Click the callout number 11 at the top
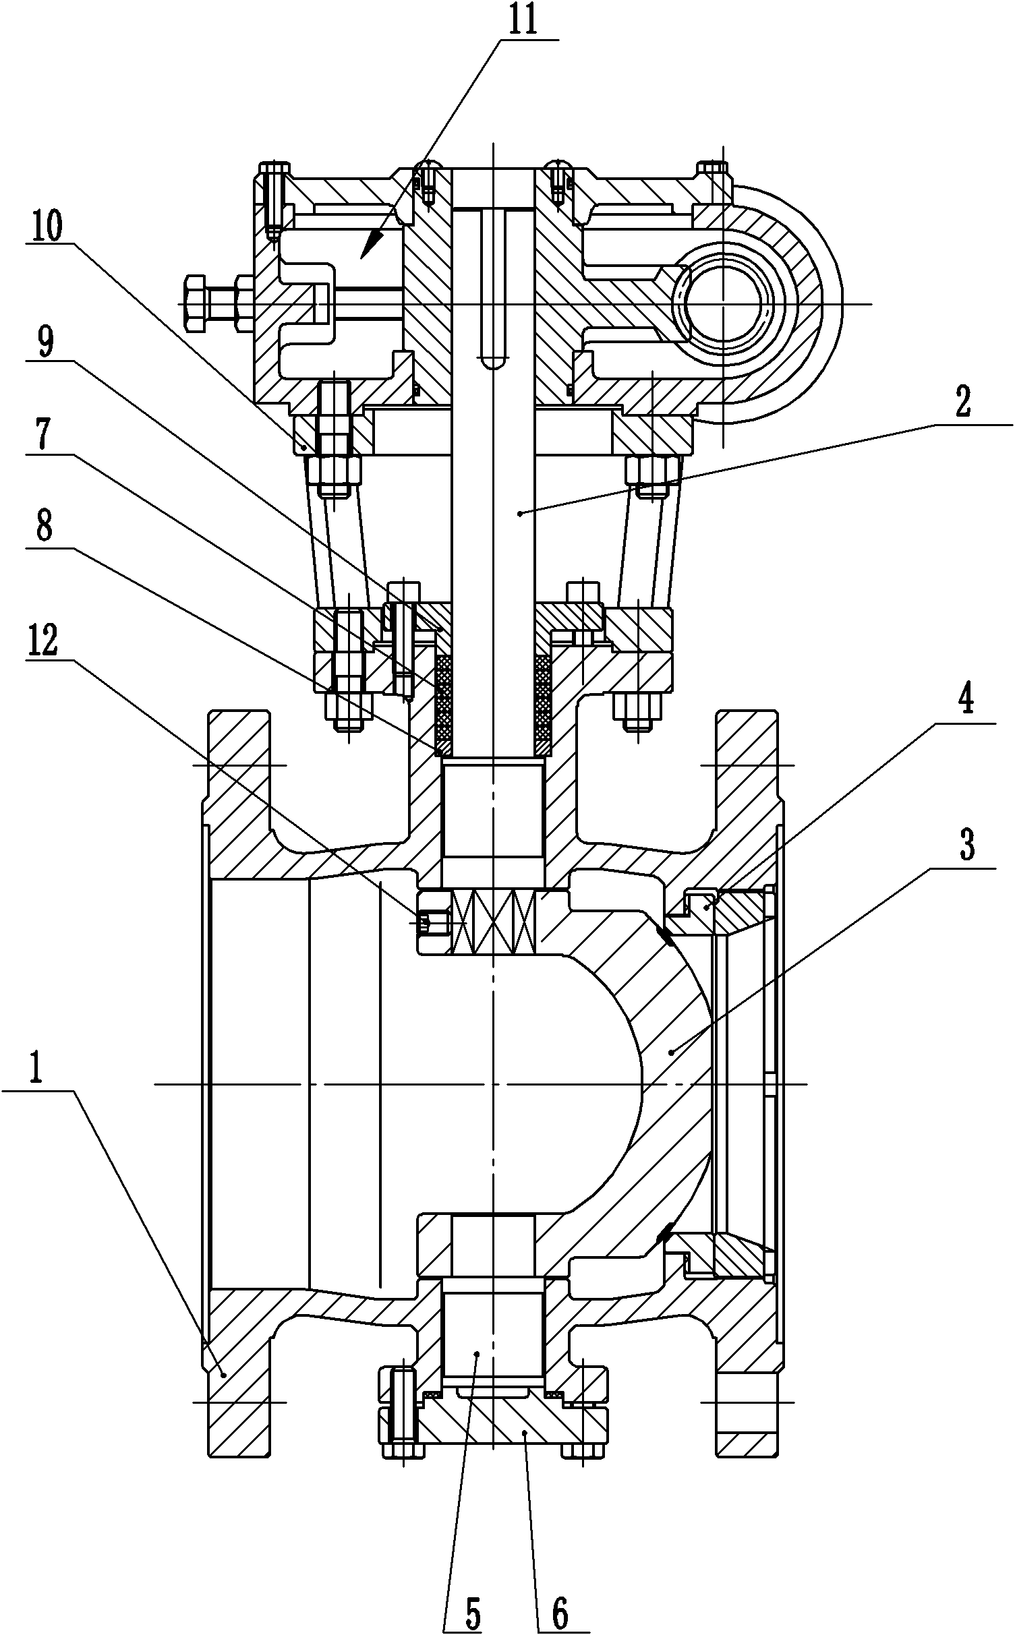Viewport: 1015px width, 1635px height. (523, 20)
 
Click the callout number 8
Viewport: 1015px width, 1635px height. (44, 528)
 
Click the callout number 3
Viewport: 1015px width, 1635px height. (966, 846)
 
